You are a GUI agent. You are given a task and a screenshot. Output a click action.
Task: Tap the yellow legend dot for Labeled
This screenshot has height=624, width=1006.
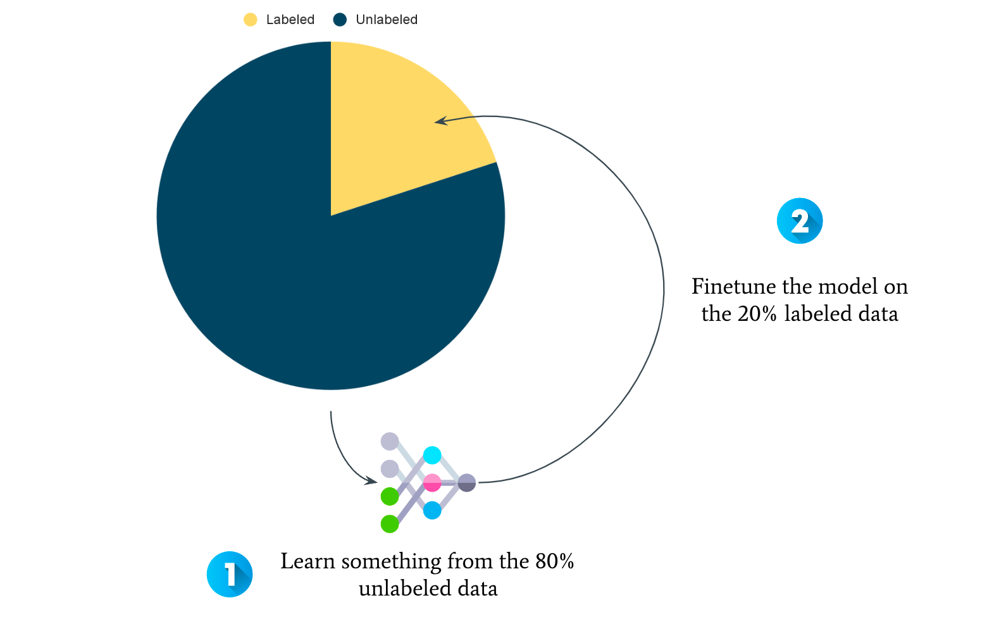click(x=250, y=20)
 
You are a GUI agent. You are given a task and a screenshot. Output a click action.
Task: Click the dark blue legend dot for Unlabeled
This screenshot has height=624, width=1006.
click(x=340, y=20)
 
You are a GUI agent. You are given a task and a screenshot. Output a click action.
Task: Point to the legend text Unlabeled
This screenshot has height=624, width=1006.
click(x=387, y=20)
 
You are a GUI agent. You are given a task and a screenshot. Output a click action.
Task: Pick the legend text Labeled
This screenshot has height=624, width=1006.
click(x=290, y=20)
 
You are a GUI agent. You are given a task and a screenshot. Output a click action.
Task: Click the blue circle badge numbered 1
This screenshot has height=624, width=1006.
click(x=230, y=574)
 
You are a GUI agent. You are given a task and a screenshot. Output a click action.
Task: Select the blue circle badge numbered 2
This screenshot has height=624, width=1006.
click(x=800, y=221)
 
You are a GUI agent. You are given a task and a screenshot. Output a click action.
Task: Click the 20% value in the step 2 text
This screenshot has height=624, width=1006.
click(x=757, y=313)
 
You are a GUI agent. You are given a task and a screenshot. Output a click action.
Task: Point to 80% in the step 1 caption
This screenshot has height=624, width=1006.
click(x=555, y=561)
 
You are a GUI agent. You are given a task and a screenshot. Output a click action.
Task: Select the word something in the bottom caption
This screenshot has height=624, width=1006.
click(x=391, y=563)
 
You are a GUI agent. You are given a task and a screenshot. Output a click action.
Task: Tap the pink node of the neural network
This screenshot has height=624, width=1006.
click(x=432, y=482)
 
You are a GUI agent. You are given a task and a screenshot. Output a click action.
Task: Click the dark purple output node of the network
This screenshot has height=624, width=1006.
click(x=467, y=482)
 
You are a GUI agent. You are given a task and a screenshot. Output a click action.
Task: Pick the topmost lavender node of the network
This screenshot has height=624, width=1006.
click(x=389, y=441)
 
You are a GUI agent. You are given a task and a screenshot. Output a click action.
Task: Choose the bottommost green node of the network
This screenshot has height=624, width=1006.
click(x=389, y=524)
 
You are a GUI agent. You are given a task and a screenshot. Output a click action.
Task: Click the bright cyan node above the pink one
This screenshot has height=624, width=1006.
click(x=432, y=455)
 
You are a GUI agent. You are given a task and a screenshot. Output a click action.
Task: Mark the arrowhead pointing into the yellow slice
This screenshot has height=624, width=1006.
click(x=440, y=121)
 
